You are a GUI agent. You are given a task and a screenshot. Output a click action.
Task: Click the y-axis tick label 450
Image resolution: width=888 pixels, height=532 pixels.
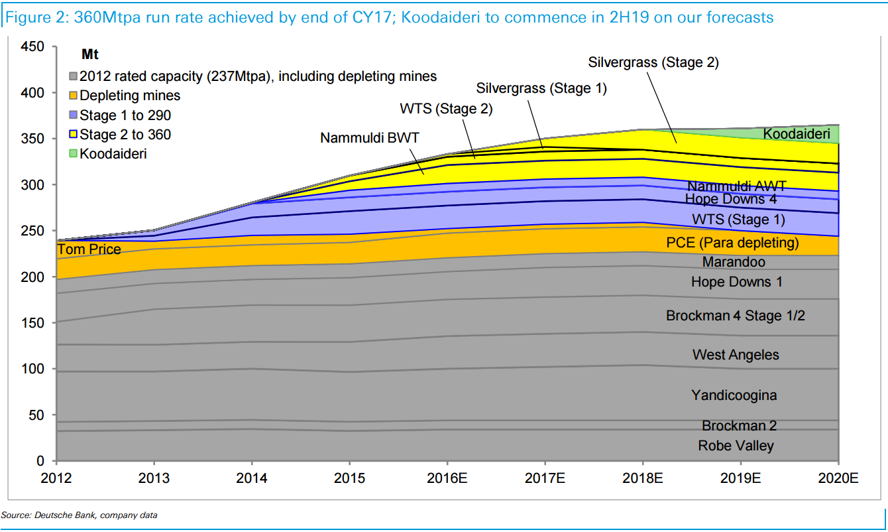32,47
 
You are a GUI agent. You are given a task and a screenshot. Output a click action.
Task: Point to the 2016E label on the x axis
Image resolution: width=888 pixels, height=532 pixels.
447,478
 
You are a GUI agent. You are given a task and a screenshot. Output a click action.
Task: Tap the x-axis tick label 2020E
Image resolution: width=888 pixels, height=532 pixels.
838,478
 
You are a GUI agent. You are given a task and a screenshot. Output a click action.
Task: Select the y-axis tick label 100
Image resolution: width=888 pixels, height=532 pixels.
32,369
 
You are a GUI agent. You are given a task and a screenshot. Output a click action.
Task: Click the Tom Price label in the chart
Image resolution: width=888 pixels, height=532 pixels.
89,249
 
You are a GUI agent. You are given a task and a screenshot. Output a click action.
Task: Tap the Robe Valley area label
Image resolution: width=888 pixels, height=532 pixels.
736,446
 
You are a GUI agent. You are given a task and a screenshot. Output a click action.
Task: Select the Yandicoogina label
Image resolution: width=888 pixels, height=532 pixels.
734,395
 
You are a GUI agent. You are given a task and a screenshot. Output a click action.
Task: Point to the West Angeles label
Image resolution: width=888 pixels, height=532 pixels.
736,355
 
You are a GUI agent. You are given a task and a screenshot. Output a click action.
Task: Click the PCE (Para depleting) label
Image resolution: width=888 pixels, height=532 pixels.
732,243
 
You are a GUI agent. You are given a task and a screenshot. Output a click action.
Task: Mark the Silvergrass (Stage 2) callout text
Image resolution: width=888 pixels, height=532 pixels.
653,62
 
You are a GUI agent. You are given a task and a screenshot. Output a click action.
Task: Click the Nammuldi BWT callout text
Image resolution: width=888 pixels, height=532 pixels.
370,138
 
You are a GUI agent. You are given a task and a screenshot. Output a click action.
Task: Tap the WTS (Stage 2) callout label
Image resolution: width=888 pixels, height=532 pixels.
446,109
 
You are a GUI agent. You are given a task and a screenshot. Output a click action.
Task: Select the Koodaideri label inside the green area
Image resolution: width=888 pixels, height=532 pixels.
797,135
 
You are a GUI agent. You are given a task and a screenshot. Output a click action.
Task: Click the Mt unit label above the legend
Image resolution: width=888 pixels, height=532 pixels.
90,54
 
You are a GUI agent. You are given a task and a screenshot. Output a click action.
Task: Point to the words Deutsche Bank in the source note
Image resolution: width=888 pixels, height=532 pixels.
62,515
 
